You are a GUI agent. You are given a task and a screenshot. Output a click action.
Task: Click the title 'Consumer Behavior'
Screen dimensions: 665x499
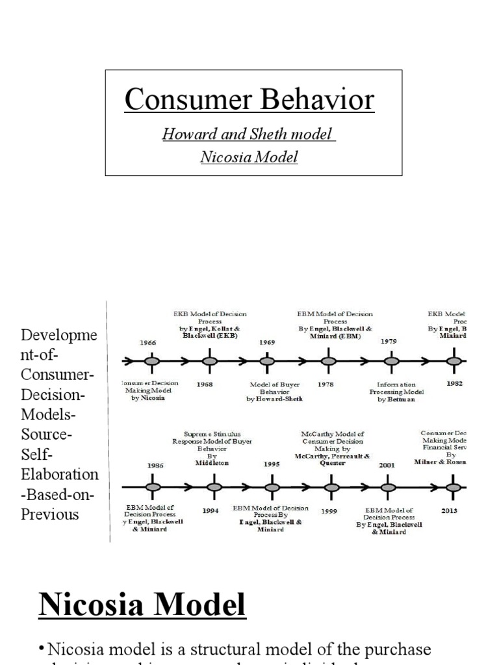249,99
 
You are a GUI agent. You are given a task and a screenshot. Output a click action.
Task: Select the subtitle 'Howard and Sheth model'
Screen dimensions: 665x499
248,135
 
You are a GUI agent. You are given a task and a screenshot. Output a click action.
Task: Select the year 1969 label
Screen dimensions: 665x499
267,342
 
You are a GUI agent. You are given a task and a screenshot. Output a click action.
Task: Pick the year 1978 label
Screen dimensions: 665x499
326,384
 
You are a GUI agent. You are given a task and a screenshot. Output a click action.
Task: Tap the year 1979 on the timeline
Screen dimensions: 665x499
389,341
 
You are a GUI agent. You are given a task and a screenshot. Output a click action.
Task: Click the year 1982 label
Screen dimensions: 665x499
455,384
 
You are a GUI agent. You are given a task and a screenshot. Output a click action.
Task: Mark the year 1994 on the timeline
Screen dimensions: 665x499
211,511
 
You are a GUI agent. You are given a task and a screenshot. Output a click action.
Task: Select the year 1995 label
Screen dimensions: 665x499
272,464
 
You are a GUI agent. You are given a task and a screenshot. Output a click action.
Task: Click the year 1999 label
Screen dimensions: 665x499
329,511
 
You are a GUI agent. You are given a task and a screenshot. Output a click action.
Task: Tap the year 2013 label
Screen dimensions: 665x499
449,511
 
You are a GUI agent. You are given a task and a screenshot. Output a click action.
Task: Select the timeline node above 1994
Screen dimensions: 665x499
211,486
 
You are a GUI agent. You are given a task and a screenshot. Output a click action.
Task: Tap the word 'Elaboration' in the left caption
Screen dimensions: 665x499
60,474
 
